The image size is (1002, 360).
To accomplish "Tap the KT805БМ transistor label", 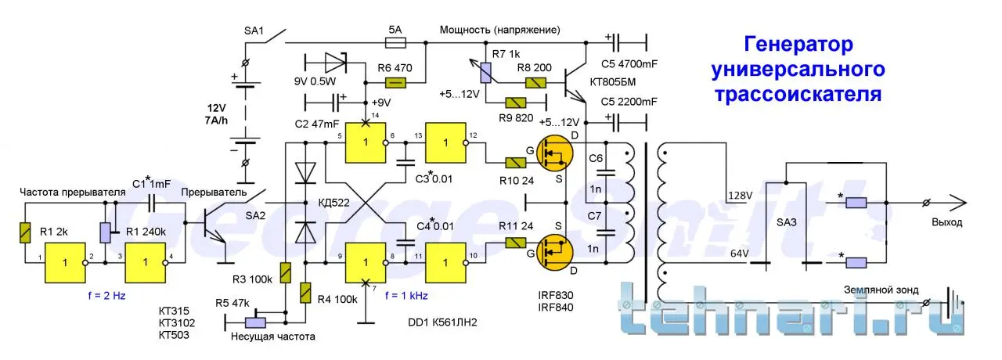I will pyautogui.click(x=619, y=80).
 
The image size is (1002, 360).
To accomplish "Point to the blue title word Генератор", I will pyautogui.click(x=798, y=44).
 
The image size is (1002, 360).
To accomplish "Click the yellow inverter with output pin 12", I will pyautogui.click(x=445, y=142).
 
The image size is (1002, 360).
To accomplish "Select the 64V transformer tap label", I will pyautogui.click(x=739, y=253).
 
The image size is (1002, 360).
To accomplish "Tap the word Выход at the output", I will pyautogui.click(x=947, y=223).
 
